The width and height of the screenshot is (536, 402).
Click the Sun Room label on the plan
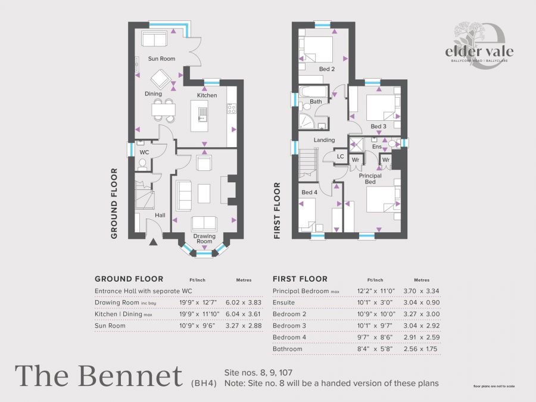point(162,59)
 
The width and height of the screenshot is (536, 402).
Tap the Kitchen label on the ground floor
point(207,95)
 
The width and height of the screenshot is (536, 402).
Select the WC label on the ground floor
point(144,152)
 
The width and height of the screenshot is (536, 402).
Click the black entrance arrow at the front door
point(153,242)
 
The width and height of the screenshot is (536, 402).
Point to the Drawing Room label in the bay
point(204,239)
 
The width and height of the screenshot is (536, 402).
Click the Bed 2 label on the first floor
point(327,69)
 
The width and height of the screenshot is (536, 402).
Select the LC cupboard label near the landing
point(341,157)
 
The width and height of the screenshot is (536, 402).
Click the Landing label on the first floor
point(325,140)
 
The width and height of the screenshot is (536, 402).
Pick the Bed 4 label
point(310,192)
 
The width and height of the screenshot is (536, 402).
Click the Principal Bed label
point(370,179)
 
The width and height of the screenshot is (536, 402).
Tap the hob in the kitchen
point(232,108)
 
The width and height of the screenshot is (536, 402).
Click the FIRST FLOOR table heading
point(300,279)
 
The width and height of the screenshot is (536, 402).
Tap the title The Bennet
point(99,376)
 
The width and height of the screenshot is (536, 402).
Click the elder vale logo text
point(479,51)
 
